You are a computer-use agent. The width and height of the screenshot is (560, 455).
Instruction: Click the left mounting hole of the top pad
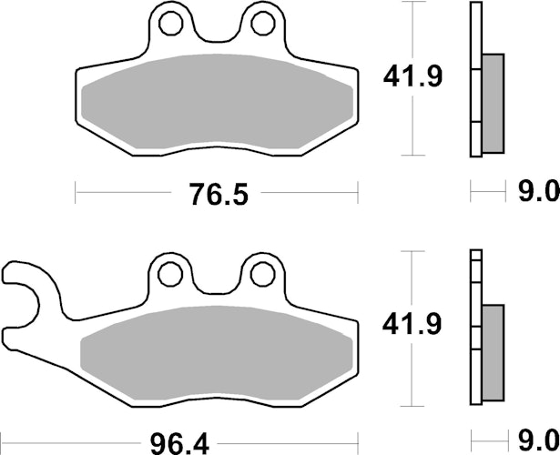[171, 23]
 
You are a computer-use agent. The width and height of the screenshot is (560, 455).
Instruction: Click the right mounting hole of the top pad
[263, 23]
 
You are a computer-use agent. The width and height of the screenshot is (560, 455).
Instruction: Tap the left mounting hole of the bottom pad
[170, 275]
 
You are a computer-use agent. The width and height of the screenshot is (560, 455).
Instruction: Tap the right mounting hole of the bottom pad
[262, 275]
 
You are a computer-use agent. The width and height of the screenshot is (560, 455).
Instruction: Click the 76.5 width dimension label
[219, 194]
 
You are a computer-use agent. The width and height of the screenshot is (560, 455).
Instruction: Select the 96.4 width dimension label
[179, 444]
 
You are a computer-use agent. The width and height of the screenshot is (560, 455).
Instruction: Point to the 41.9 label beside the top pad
[412, 76]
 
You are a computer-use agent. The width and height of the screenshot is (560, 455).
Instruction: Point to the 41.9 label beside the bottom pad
[412, 324]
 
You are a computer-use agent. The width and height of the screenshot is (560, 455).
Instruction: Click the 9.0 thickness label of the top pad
[538, 191]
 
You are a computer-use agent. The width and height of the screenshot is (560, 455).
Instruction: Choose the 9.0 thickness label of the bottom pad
[538, 440]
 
